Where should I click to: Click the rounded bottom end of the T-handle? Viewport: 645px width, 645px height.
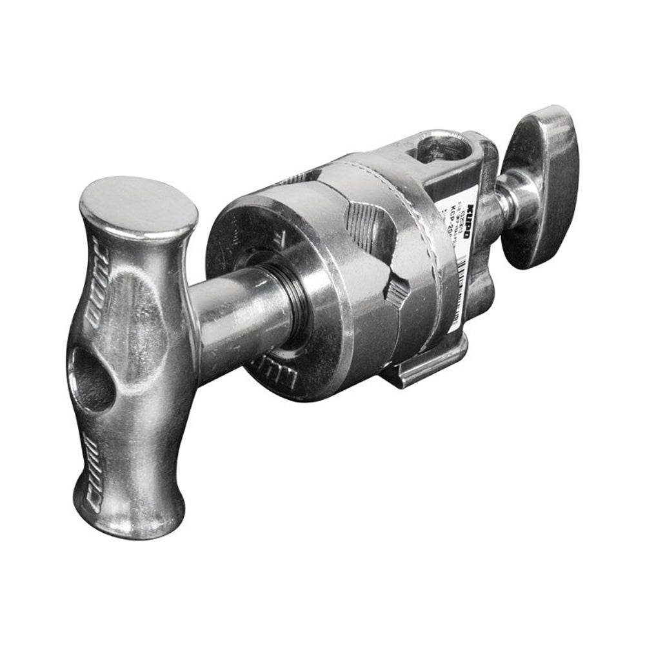click(x=129, y=516)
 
